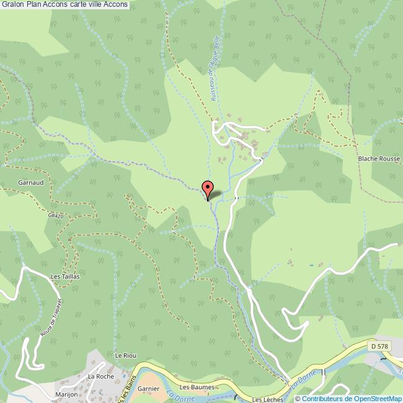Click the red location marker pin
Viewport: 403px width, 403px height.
208,187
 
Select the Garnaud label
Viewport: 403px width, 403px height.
30,184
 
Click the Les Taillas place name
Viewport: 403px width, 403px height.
64,277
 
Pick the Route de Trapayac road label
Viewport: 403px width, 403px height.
55,315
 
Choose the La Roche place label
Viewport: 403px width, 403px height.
100,376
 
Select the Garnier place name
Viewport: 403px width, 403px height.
149,389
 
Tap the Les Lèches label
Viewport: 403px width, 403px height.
266,399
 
